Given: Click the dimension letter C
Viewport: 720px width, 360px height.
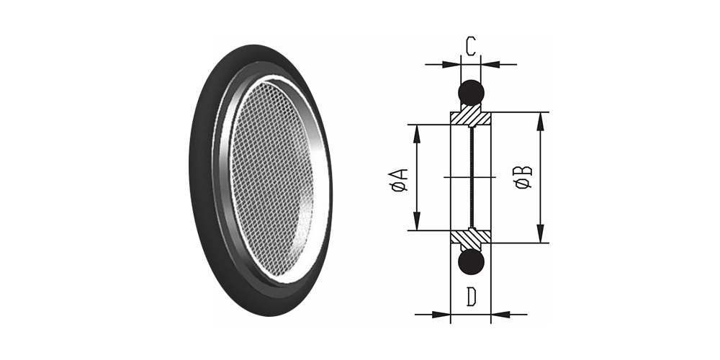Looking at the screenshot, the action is [470, 46].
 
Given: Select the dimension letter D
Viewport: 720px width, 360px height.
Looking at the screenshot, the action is [471, 297].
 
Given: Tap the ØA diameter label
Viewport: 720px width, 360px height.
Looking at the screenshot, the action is [399, 179].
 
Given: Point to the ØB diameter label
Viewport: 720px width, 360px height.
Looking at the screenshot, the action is [523, 177].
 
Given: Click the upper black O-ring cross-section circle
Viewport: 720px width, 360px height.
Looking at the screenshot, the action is [471, 92].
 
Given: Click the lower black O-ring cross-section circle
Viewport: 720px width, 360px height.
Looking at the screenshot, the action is [471, 262].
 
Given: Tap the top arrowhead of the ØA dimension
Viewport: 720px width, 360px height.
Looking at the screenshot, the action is [417, 134].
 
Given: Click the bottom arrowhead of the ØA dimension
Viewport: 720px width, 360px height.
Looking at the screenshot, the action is [417, 221].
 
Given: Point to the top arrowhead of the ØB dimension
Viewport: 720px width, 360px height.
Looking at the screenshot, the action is [541, 121].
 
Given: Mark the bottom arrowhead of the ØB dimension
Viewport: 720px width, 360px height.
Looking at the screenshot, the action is [541, 233].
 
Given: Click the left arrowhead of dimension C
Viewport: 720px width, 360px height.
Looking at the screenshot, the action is [451, 64].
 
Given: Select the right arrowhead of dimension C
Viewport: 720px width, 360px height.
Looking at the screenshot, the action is [490, 64].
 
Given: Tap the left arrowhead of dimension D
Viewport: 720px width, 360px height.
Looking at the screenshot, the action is [441, 315].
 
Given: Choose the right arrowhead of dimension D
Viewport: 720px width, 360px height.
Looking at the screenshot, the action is [500, 315].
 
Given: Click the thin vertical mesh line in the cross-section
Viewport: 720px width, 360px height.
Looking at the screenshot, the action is [471, 177].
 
